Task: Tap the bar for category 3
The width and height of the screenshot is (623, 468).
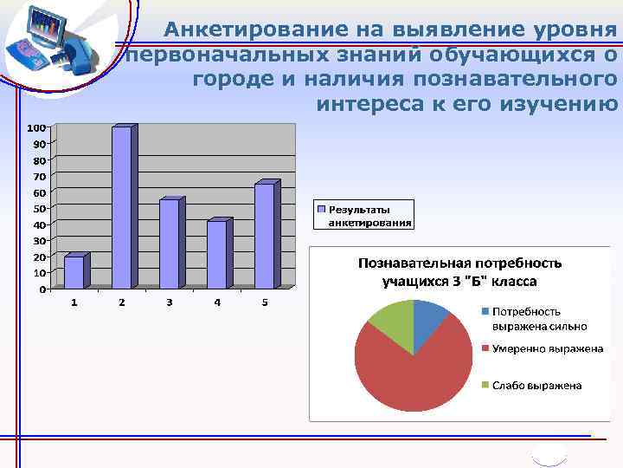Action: [x=169, y=243]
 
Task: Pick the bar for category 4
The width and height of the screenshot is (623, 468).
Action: [x=216, y=254]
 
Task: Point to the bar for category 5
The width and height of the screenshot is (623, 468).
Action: [x=264, y=235]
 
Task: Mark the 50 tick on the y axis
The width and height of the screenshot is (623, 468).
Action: [x=39, y=208]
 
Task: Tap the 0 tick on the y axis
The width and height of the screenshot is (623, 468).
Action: [x=42, y=289]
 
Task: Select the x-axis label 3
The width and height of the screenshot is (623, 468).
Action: [x=170, y=302]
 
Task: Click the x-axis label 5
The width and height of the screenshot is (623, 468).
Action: [x=265, y=302]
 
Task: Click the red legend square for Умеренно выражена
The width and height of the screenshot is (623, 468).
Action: [x=486, y=348]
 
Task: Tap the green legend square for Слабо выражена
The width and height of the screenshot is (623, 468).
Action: [x=486, y=385]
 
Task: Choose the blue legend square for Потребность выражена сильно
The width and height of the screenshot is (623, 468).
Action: [x=486, y=311]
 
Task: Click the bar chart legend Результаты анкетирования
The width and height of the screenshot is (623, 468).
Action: [x=363, y=215]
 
